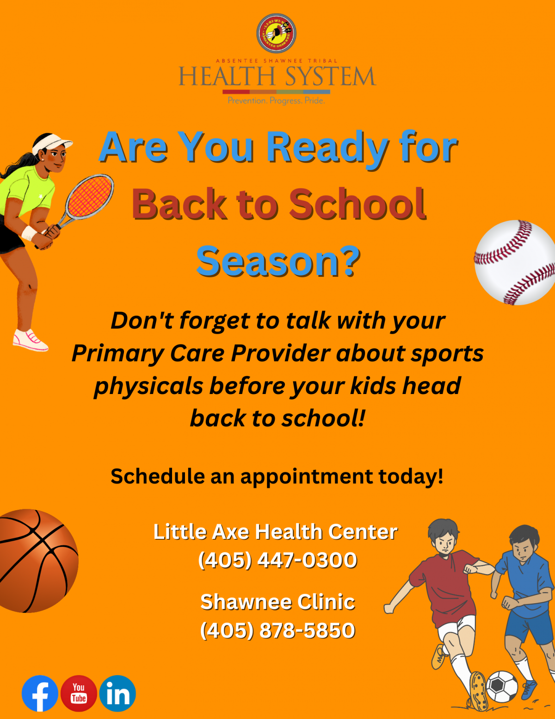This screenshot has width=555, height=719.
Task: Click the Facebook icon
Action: point(40,694)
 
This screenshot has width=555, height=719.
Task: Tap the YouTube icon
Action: point(79,694)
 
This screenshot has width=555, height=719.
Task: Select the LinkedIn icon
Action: point(117,694)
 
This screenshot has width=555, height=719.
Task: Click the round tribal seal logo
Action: point(276,33)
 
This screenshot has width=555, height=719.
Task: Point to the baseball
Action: point(515,263)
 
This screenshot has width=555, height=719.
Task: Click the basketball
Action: point(37,561)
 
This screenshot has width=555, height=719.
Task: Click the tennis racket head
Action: point(90,196)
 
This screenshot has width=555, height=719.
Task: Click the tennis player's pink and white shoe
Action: point(30,340)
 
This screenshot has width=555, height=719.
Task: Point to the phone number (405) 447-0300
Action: point(277,560)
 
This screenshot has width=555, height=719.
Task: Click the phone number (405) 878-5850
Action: point(277,630)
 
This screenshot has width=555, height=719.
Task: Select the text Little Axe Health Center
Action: point(275,531)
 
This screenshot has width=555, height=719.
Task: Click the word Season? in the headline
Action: point(278,262)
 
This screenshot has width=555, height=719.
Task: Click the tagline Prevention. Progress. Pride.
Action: point(276,100)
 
